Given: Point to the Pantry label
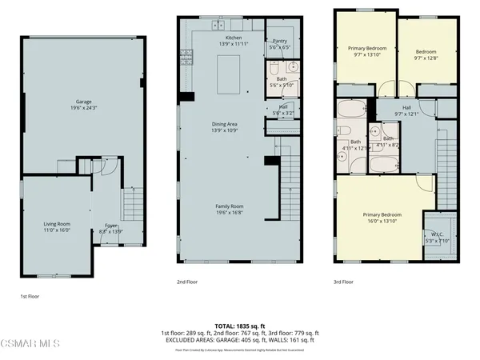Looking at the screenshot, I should coord(280,42).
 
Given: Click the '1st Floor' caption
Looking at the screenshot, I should coord(30,295).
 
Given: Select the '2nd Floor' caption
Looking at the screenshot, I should coord(187,282).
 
